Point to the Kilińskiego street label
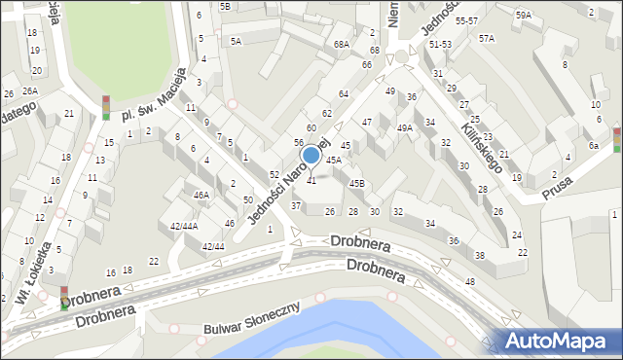click(x=484, y=145)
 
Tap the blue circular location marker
click(x=311, y=155)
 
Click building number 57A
click(x=486, y=38)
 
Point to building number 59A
click(x=524, y=15)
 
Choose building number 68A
click(x=341, y=44)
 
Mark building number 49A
click(x=405, y=127)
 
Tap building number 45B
click(x=357, y=183)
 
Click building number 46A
click(x=202, y=195)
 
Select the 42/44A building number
click(x=184, y=226)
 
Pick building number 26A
click(x=30, y=90)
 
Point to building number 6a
click(x=593, y=145)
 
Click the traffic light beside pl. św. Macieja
click(x=106, y=107)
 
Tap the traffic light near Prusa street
click(x=615, y=139)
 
